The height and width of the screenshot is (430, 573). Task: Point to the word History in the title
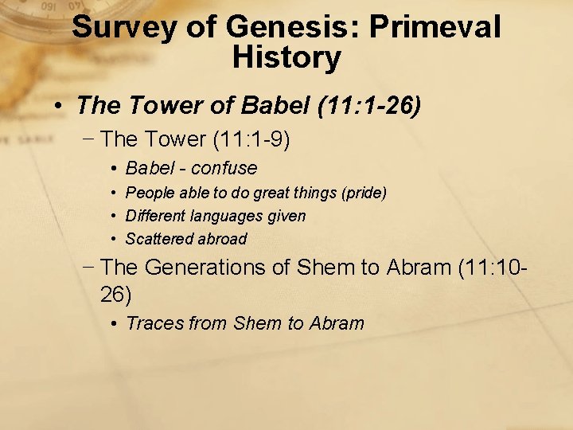286,58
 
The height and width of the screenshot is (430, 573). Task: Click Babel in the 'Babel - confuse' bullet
150,168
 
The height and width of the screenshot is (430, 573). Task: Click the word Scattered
157,239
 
